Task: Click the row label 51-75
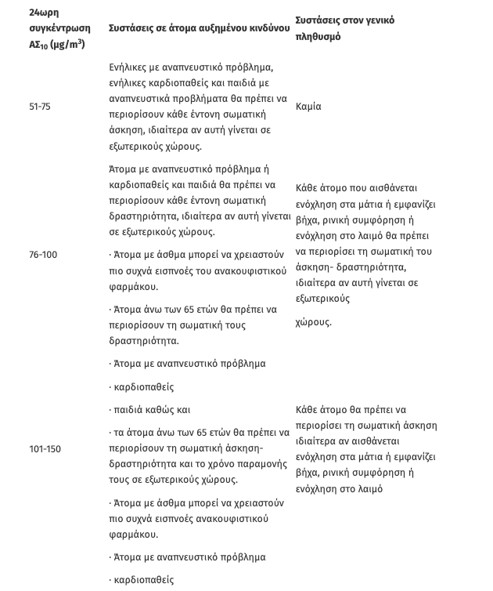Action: tap(39, 107)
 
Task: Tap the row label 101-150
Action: tap(45, 449)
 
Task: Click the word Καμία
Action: tap(309, 107)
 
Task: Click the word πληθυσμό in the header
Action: tap(318, 36)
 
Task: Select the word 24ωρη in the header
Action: tap(44, 13)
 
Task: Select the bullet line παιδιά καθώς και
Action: tap(151, 410)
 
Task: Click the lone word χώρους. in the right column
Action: tap(314, 322)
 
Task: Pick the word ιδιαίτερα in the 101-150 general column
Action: tap(317, 441)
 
